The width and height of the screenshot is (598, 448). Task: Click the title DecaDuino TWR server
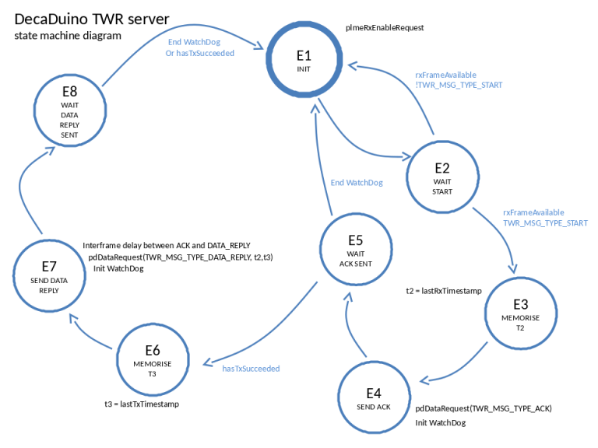click(x=92, y=19)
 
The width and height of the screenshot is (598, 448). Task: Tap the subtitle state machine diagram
click(x=68, y=36)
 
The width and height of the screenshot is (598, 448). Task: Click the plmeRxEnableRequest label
click(x=385, y=28)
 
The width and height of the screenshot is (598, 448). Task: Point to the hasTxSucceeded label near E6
click(x=251, y=369)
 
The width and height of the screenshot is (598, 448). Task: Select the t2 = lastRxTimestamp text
click(x=444, y=291)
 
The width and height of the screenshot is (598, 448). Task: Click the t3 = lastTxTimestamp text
click(x=142, y=404)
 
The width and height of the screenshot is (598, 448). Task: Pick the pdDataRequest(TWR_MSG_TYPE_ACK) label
click(x=484, y=409)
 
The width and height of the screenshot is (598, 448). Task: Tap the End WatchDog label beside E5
click(x=357, y=183)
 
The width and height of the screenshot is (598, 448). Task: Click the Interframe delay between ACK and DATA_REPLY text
click(x=167, y=245)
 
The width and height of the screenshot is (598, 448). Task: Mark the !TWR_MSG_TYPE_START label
click(x=459, y=85)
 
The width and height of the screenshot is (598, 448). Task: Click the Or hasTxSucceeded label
click(x=200, y=54)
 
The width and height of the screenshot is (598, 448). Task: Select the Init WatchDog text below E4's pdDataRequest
click(x=441, y=423)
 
